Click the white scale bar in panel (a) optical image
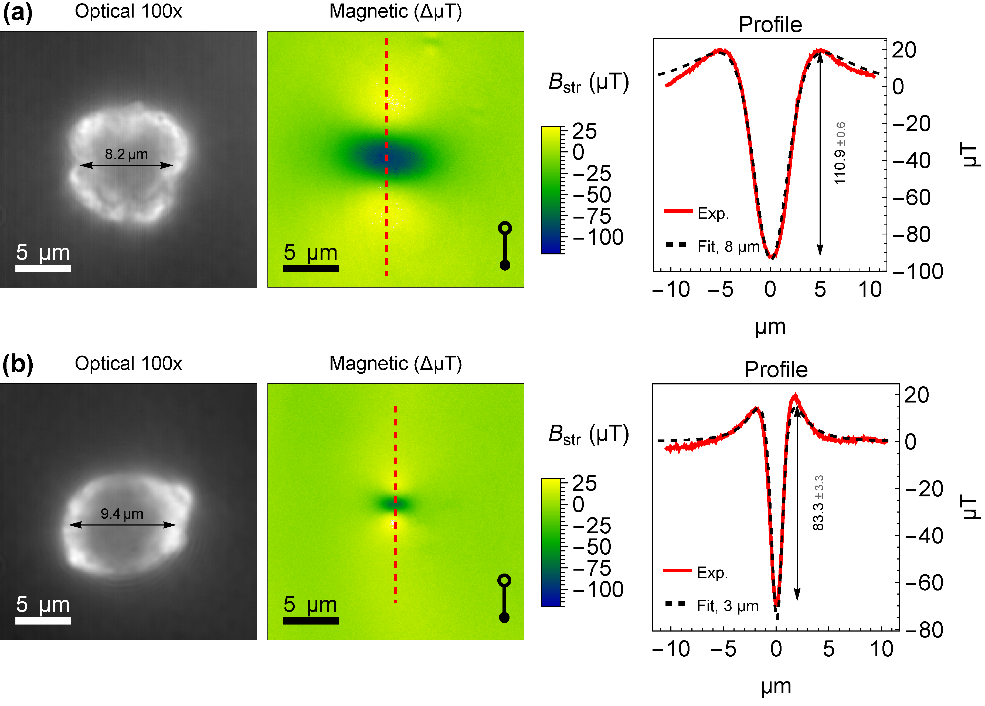pyautogui.click(x=43, y=268)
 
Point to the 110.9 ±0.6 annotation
pyautogui.click(x=840, y=153)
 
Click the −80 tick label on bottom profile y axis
pyautogui.click(x=924, y=630)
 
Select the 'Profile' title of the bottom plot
pyautogui.click(x=776, y=370)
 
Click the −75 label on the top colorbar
pyautogui.click(x=592, y=216)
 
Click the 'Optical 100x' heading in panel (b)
pyautogui.click(x=128, y=363)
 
